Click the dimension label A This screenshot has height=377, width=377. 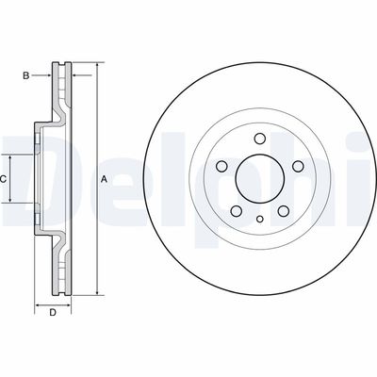click(x=105, y=179)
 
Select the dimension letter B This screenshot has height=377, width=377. click(x=27, y=73)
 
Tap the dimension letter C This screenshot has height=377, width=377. click(x=5, y=178)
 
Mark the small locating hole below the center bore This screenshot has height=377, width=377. click(x=258, y=220)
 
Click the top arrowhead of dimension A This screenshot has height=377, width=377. click(x=95, y=66)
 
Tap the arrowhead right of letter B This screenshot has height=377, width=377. click(x=47, y=73)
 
